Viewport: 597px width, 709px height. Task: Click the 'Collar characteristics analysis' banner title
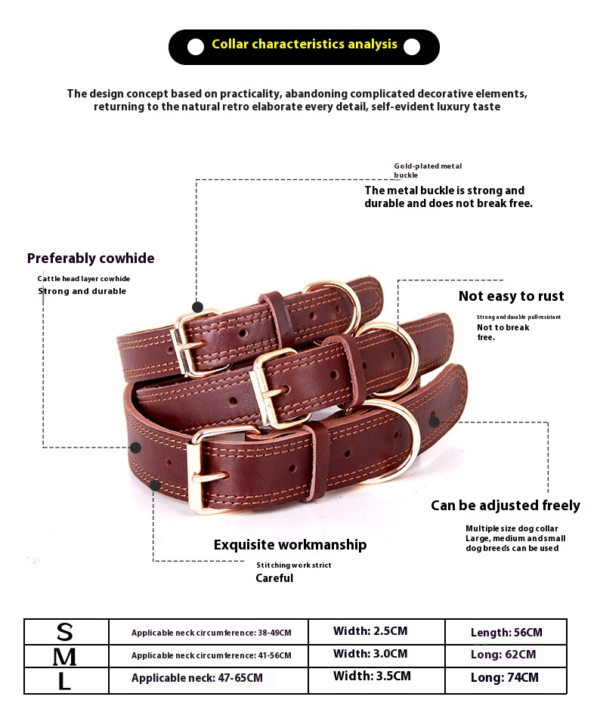tap(304, 45)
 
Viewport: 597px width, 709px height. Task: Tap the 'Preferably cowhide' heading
tap(91, 259)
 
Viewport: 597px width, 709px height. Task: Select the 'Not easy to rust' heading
tap(511, 296)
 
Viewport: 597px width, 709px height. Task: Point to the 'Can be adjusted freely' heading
tap(505, 506)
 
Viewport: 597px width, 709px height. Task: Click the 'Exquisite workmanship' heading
tap(289, 545)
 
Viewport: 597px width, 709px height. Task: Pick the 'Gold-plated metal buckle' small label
tap(427, 170)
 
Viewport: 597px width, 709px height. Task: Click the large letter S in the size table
tap(65, 632)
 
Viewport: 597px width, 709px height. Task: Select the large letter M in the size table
tap(65, 656)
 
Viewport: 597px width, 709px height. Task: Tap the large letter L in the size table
tap(65, 680)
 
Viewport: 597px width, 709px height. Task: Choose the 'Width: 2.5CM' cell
tap(370, 631)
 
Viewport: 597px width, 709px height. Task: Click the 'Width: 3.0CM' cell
tap(370, 654)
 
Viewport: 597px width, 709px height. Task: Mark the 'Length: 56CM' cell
tap(506, 633)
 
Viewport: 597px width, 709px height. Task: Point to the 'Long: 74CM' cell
tap(504, 678)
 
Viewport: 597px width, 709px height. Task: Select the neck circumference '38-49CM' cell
tap(211, 633)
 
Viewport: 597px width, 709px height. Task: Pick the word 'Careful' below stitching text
tap(274, 578)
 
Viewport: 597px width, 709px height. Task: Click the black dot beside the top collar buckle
tap(197, 307)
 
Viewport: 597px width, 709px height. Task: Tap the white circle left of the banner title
tap(196, 47)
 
